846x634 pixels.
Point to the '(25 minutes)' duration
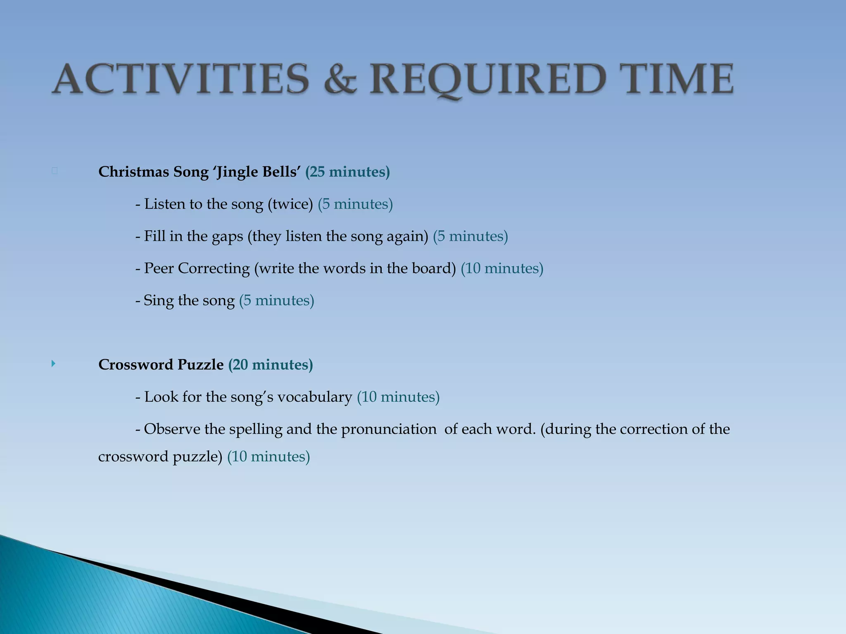pyautogui.click(x=347, y=172)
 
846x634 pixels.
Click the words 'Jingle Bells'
pyautogui.click(x=257, y=172)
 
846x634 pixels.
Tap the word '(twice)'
pyautogui.click(x=290, y=204)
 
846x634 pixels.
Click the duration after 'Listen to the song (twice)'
pyautogui.click(x=355, y=204)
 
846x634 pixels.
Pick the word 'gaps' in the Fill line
pyautogui.click(x=227, y=236)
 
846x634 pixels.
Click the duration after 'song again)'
pyautogui.click(x=471, y=236)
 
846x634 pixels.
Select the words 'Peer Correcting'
pyautogui.click(x=197, y=268)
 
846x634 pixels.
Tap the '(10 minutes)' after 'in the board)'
pyautogui.click(x=502, y=268)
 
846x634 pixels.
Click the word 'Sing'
pyautogui.click(x=158, y=300)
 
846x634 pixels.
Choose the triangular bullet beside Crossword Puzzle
pyautogui.click(x=53, y=364)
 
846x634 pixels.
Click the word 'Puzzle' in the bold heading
pyautogui.click(x=200, y=364)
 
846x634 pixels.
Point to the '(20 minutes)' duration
pyautogui.click(x=271, y=364)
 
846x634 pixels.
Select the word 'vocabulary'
pyautogui.click(x=314, y=397)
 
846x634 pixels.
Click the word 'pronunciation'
pyautogui.click(x=388, y=429)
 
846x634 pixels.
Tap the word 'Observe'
pyautogui.click(x=171, y=429)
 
